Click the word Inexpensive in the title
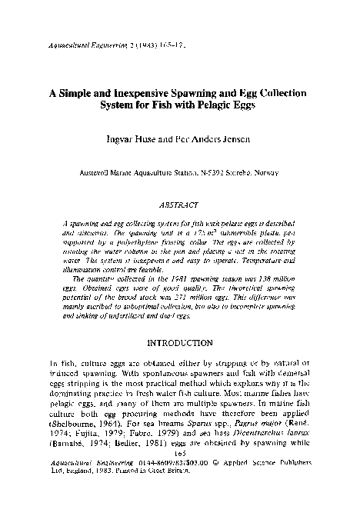pyautogui.click(x=125, y=93)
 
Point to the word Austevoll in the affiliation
pyautogui.click(x=98, y=172)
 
